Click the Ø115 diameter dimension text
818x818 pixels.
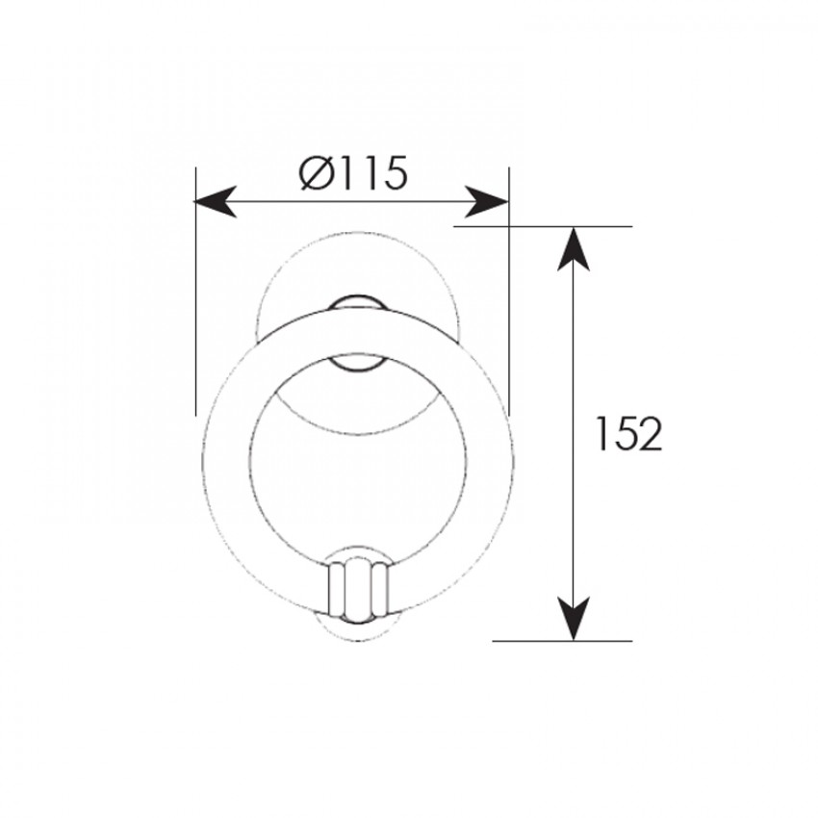point(353,172)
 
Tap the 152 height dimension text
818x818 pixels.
point(628,433)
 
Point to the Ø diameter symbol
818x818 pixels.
point(316,172)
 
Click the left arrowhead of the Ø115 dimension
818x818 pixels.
point(215,201)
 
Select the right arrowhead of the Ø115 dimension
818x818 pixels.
point(487,201)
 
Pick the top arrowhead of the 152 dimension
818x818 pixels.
point(574,249)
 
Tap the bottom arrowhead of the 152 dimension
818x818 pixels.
point(574,619)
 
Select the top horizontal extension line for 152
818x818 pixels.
point(543,226)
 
